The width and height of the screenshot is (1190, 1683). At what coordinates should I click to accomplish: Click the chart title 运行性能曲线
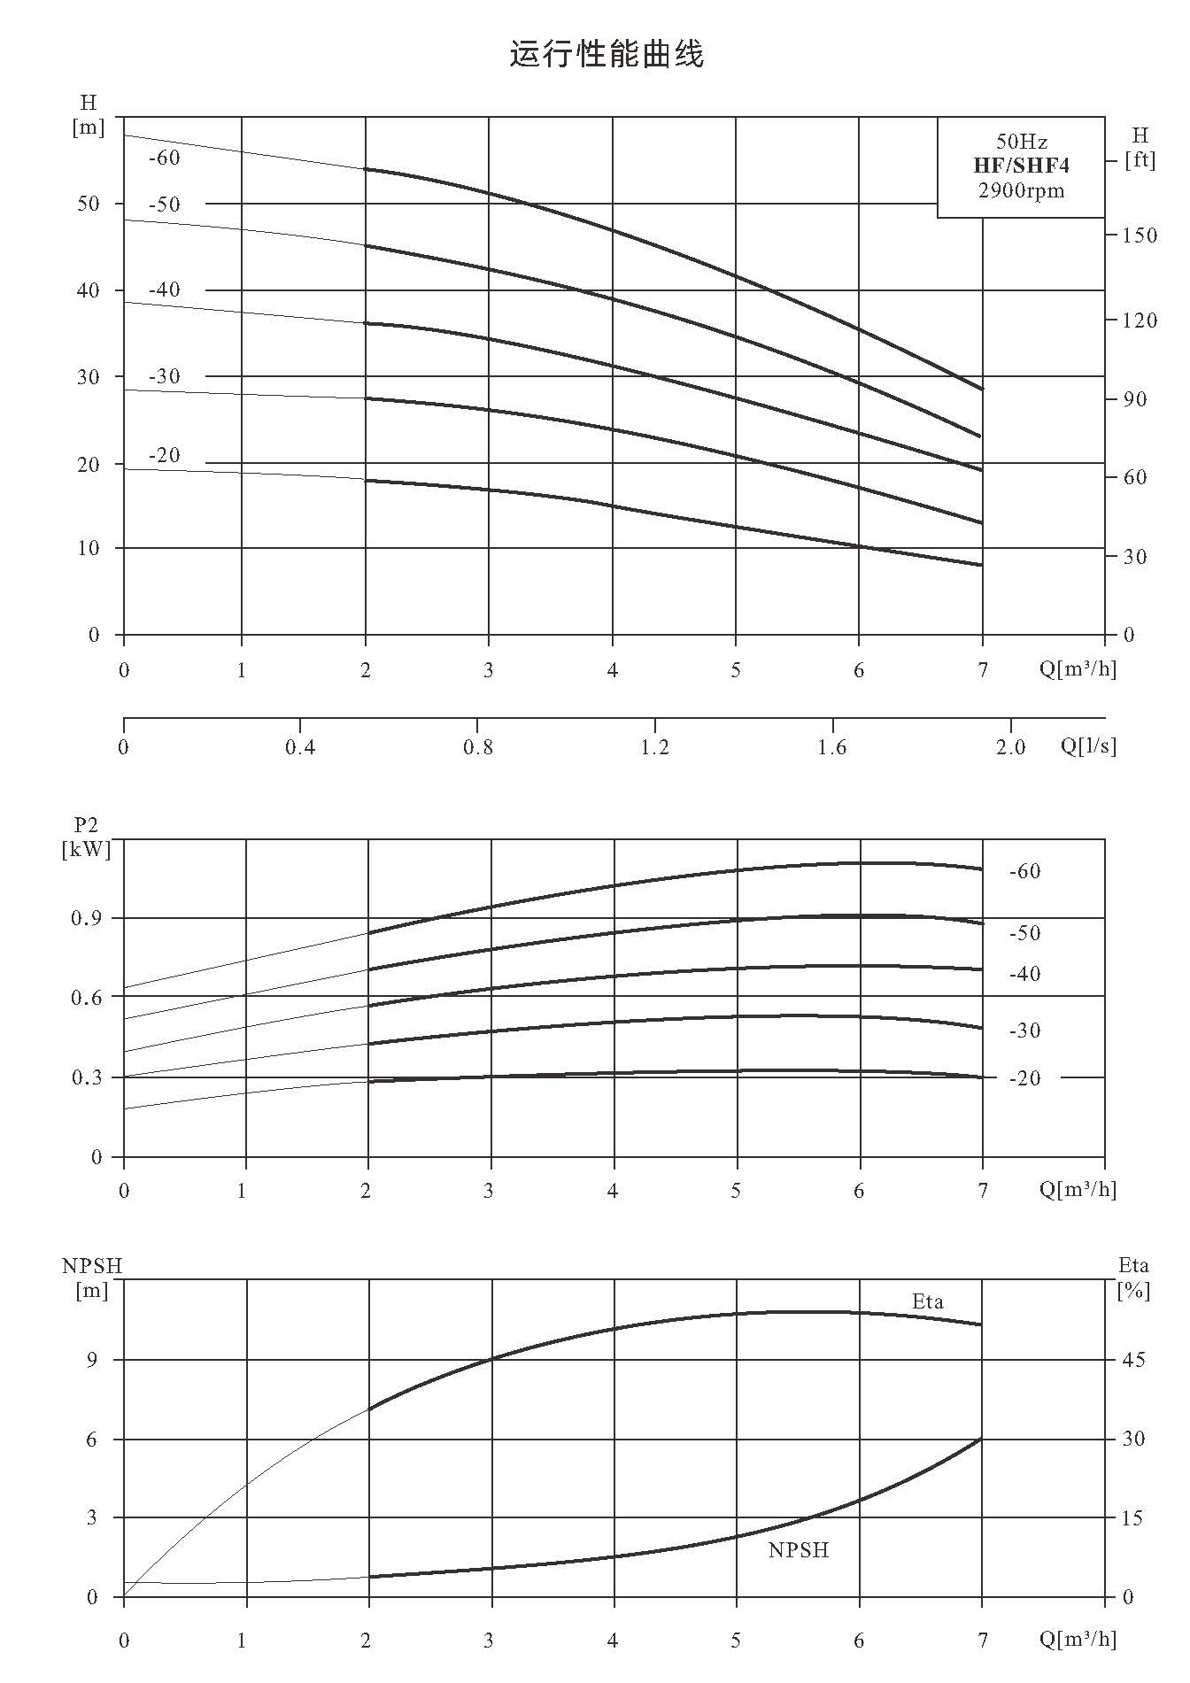607,54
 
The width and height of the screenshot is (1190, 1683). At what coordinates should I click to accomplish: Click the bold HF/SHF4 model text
1021,166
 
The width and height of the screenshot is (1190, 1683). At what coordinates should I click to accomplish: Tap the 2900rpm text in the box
1021,190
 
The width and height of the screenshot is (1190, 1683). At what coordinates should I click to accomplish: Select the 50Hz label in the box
1021,142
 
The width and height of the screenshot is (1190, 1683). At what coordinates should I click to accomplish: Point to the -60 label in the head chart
164,158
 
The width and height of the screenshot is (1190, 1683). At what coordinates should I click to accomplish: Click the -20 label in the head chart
164,455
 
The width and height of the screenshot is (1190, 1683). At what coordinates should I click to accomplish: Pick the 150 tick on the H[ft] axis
1140,235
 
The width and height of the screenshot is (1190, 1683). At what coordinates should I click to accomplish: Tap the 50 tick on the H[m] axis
89,203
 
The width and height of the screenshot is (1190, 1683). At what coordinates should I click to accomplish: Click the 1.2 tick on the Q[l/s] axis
655,747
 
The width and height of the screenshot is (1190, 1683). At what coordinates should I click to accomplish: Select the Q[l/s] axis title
1088,746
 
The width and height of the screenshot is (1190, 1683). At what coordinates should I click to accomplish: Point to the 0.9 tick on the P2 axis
86,918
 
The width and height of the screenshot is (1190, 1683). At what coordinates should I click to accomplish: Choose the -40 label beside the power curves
1024,974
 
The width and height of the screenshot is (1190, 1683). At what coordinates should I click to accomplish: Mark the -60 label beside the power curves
1024,871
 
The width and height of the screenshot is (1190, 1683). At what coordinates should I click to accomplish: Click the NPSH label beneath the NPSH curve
799,1550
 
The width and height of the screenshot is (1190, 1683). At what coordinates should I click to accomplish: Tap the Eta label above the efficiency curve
928,1301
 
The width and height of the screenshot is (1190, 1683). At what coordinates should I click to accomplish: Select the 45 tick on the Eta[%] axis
1133,1359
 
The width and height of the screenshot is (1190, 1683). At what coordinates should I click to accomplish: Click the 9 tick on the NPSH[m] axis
92,1359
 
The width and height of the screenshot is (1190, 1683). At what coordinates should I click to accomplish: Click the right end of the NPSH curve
982,1439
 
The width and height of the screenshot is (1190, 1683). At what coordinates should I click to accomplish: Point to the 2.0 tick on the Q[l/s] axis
1010,747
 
